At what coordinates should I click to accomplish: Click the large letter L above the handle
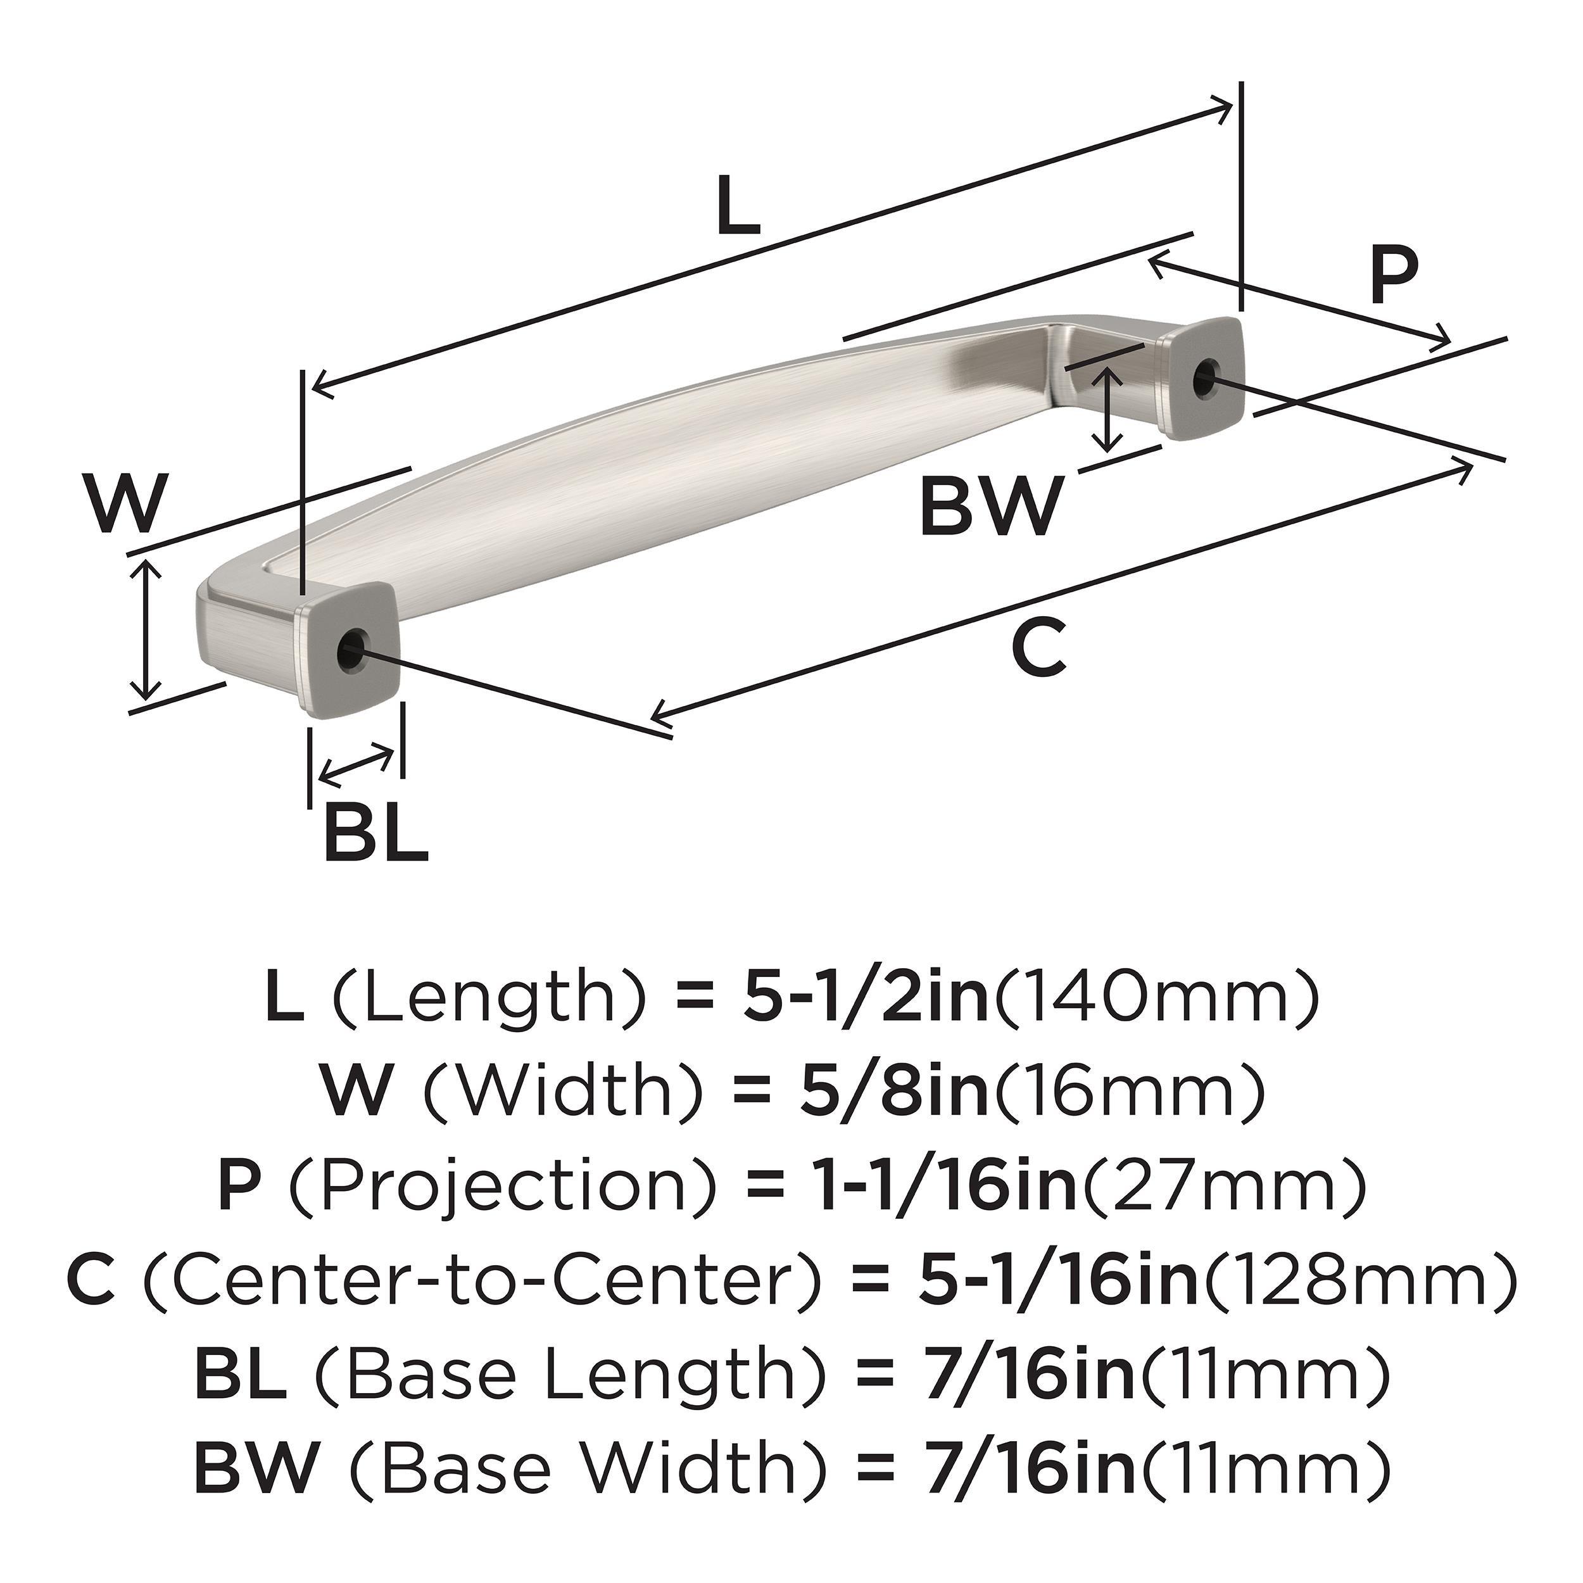738,206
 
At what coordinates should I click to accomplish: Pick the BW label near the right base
990,507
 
